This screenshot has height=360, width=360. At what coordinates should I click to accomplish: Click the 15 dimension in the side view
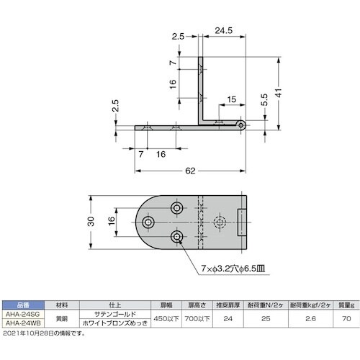pyautogui.click(x=230, y=99)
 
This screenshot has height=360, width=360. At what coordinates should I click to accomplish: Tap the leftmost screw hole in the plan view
pyautogui.click(x=149, y=222)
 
